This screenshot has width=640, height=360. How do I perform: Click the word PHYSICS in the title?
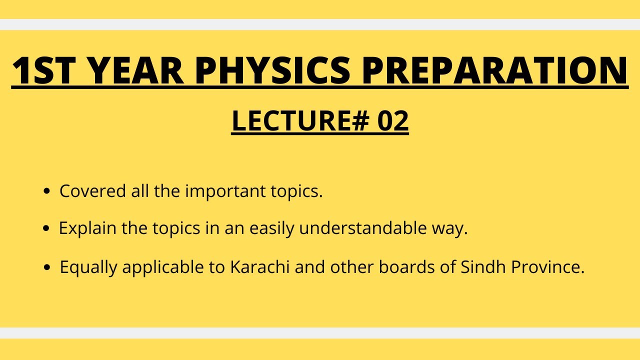(x=272, y=70)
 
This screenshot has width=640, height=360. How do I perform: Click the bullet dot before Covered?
(x=47, y=191)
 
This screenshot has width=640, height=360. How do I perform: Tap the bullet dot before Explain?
(x=46, y=228)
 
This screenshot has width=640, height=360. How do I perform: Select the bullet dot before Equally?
(x=47, y=267)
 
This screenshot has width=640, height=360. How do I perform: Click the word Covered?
(x=88, y=191)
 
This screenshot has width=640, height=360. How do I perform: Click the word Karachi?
(x=260, y=267)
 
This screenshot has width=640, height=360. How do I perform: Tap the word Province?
(x=547, y=267)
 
